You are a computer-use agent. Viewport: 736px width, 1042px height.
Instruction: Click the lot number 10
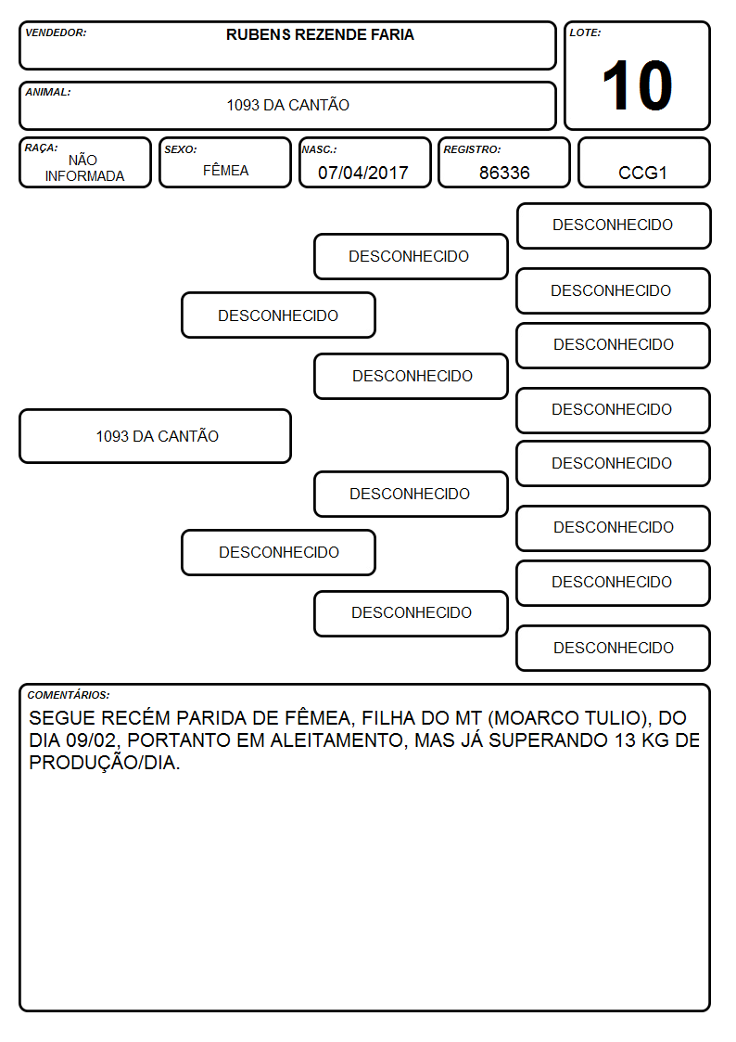click(637, 85)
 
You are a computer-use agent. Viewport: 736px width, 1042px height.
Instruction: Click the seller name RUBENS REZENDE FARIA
click(320, 34)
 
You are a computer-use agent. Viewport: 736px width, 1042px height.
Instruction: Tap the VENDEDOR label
click(56, 32)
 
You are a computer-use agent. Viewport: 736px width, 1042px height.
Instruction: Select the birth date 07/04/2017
click(363, 173)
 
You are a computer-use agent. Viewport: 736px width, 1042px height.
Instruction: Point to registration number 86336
click(504, 173)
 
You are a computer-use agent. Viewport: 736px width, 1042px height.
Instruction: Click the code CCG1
click(642, 173)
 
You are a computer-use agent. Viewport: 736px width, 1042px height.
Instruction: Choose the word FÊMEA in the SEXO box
click(225, 170)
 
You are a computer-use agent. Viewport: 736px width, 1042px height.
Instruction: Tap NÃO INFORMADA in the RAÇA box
click(84, 168)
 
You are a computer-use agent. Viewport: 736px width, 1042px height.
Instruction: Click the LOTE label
click(585, 32)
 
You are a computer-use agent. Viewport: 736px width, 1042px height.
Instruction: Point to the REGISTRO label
click(472, 149)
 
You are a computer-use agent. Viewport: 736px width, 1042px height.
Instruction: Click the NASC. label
click(319, 149)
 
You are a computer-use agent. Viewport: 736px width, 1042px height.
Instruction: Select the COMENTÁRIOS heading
click(69, 695)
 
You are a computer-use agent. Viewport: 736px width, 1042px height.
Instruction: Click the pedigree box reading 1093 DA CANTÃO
click(156, 436)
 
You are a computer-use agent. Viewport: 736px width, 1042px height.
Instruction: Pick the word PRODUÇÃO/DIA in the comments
click(104, 763)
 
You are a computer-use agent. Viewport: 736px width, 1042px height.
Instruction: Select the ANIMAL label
click(48, 93)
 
